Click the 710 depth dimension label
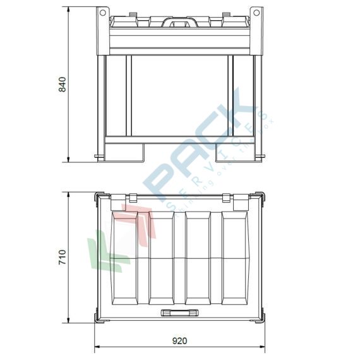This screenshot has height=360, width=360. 62,256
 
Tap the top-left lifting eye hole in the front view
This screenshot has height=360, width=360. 101,12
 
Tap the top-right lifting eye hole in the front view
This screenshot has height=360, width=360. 255,12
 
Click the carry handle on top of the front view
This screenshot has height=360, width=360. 178,23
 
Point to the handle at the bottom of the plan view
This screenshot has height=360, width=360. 179,311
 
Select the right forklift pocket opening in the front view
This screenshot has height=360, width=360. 231,150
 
